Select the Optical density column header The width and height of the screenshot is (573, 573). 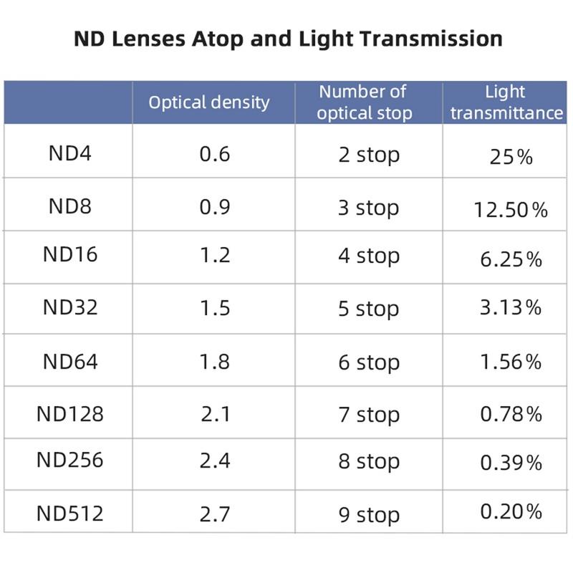click(209, 102)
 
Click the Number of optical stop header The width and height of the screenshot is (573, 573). click(365, 102)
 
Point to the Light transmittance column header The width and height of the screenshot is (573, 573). click(506, 102)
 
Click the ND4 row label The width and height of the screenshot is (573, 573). click(70, 153)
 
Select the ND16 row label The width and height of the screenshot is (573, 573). click(70, 254)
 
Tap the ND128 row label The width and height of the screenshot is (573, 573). click(70, 413)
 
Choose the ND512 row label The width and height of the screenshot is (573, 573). click(70, 513)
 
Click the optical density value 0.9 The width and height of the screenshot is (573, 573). click(215, 207)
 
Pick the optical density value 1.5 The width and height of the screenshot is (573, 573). click(215, 307)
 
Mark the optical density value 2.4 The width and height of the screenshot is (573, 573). click(215, 460)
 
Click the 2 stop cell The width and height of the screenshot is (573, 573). click(369, 155)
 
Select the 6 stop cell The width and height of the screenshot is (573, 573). click(369, 362)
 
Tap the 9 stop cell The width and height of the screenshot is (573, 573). click(369, 514)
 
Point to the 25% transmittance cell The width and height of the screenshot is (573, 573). click(511, 157)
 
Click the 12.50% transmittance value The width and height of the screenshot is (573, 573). click(511, 210)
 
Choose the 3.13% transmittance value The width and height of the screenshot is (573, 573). click(511, 308)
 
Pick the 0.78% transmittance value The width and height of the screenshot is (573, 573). click(511, 414)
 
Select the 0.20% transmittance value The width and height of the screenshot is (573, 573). click(511, 511)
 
